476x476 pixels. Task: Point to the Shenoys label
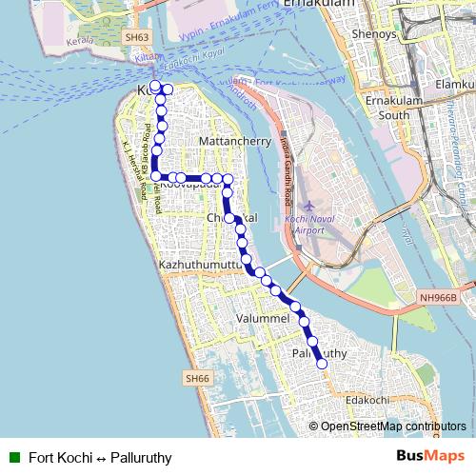coord(374,33)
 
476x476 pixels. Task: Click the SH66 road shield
coord(195,379)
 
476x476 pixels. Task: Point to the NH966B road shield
coord(438,298)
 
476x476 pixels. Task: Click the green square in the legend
coord(13,456)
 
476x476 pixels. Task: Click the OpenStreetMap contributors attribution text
coord(392,427)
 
